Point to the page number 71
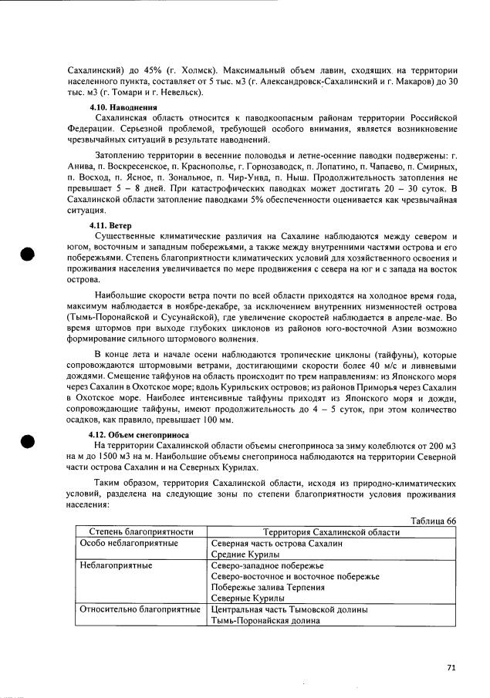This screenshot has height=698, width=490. click(451, 668)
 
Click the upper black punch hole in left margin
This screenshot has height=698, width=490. click(28, 255)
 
